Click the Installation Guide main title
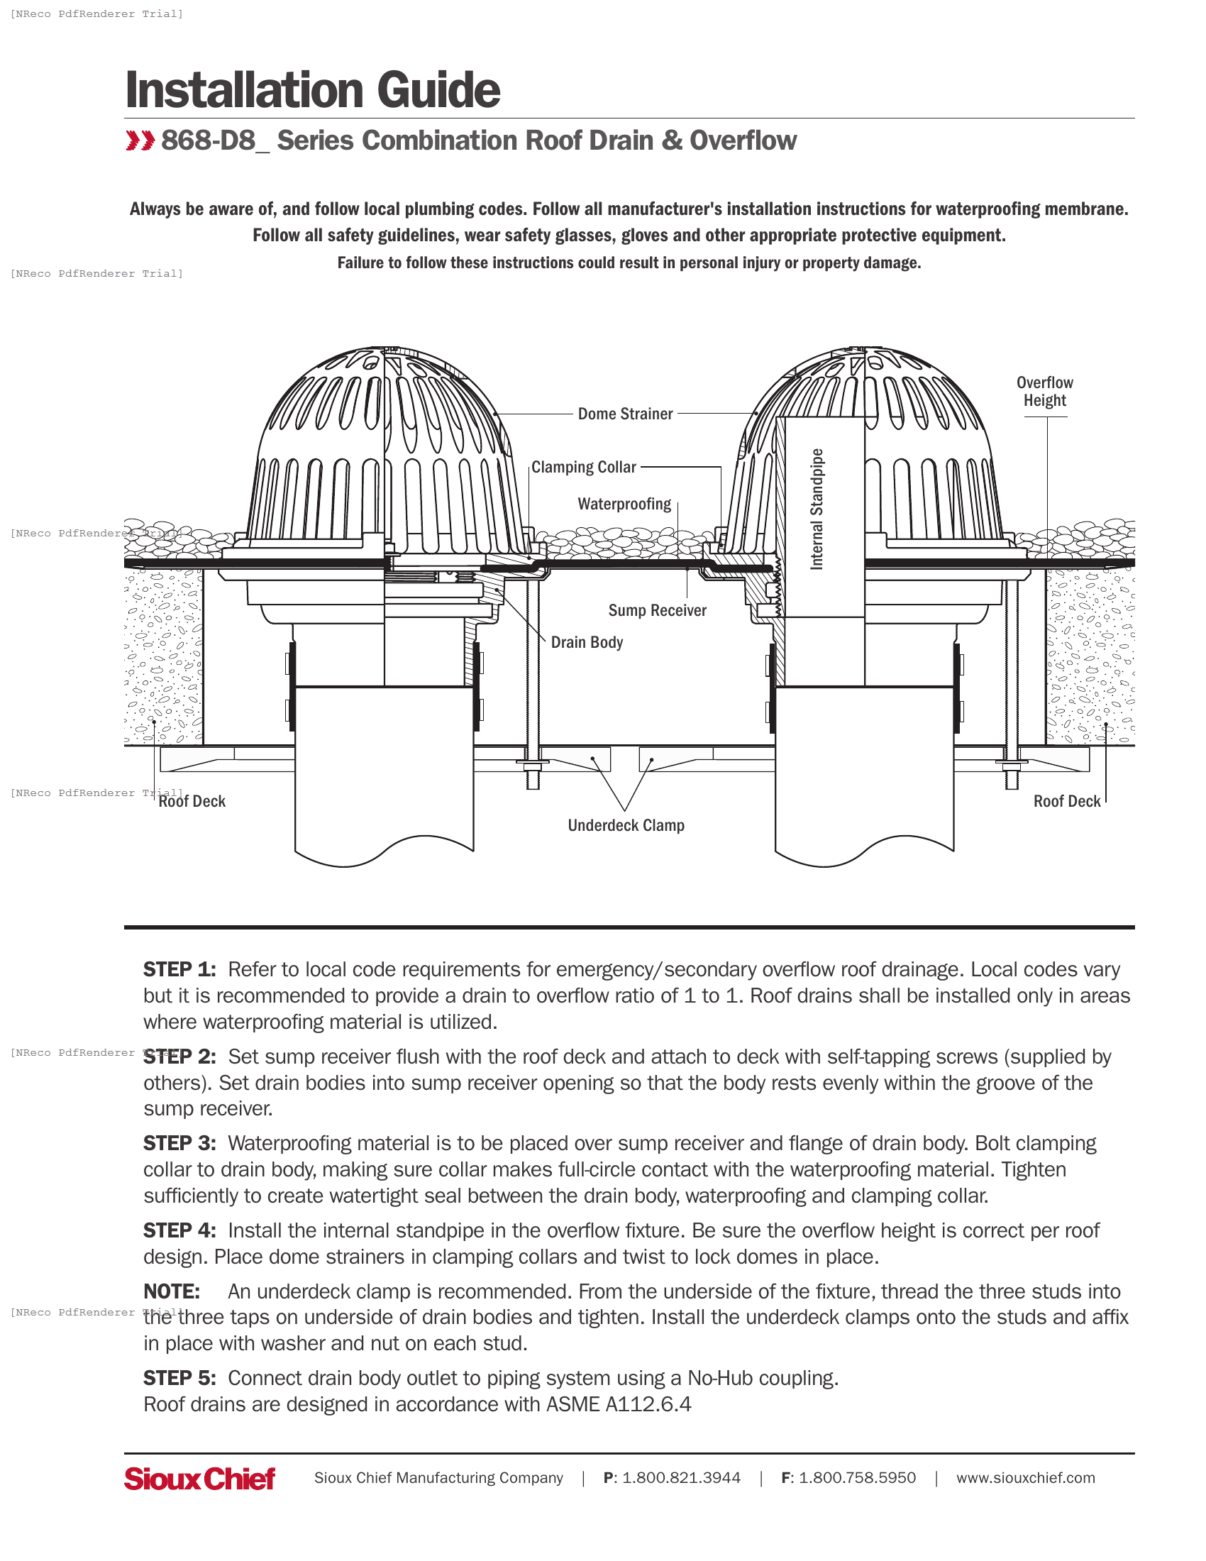point(312,90)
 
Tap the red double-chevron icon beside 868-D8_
point(140,140)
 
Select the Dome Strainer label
point(625,414)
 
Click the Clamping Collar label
point(583,468)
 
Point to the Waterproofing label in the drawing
point(624,504)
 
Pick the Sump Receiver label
point(657,610)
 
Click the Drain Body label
point(587,643)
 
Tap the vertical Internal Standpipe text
point(817,509)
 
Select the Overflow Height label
point(1044,392)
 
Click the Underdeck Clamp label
point(626,825)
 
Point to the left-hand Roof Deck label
point(192,801)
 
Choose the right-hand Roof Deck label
point(1067,801)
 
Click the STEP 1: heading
point(179,970)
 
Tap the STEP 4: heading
point(179,1231)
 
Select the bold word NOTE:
point(172,1291)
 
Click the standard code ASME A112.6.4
point(619,1404)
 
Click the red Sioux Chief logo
point(199,1478)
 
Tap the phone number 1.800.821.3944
point(681,1478)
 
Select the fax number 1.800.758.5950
point(857,1478)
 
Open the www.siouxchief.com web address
point(1025,1478)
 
